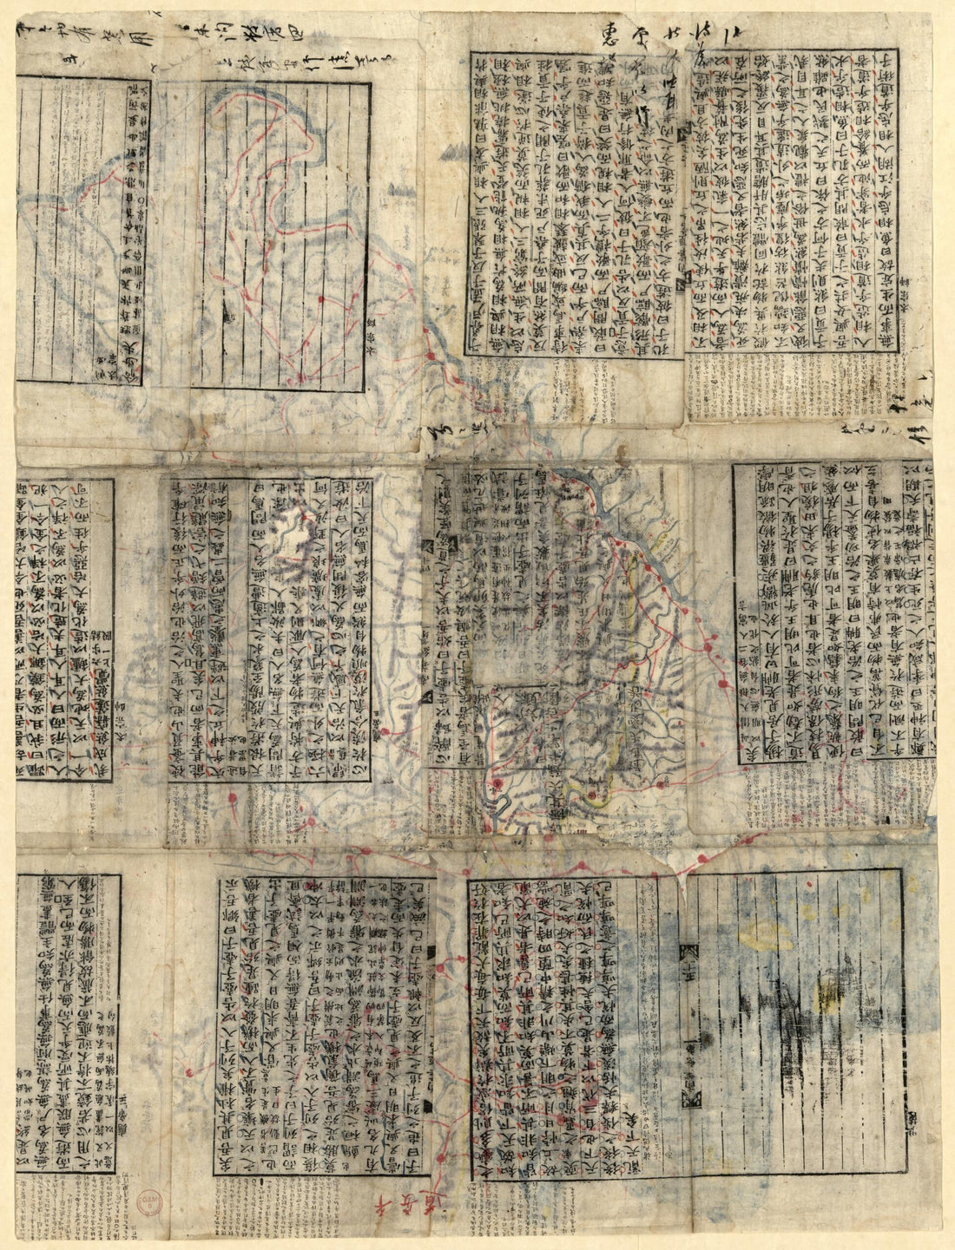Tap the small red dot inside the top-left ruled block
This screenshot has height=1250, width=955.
point(322,299)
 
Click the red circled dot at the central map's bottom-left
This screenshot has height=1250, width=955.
point(496,785)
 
